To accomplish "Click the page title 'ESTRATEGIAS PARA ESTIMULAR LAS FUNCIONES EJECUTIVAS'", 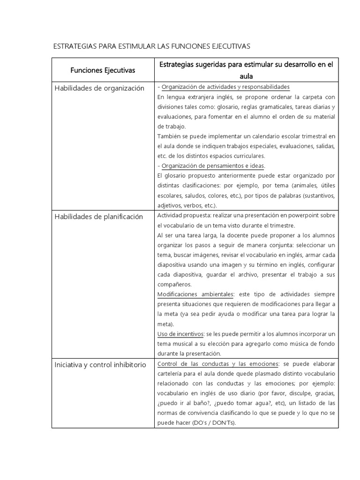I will point(152,46).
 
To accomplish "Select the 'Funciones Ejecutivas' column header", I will point(103,70).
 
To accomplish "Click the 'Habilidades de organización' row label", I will point(99,88).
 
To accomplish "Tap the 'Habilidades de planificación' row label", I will point(98,217).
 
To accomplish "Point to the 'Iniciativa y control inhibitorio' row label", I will point(100,365).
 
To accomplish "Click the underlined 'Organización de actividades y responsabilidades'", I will point(225,87).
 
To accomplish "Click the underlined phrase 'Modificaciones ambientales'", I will point(195,294).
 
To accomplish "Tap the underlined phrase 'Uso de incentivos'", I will point(180,334).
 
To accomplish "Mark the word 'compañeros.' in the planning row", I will point(174,285).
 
